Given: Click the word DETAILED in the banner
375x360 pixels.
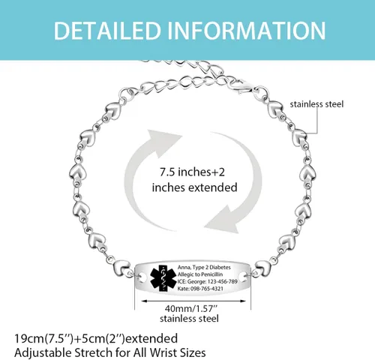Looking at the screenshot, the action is coord(107,31).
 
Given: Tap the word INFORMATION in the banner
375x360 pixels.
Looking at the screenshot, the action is coord(247,31).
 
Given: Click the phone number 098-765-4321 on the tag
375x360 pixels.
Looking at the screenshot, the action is coord(207,289).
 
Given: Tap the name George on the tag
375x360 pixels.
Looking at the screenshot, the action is coord(196,282).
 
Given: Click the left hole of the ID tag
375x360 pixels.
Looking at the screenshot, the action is coord(143,277).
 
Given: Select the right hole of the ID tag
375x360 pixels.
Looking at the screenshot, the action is coord(242,277).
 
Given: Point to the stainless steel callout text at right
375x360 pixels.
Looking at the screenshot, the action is coord(316,104).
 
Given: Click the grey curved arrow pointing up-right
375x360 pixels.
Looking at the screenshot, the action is coord(148,170).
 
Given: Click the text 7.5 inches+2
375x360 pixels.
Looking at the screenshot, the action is coord(192,172).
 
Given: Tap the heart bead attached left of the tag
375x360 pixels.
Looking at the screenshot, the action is coord(121,268).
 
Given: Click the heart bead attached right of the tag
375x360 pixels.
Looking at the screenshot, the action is coord(262,268).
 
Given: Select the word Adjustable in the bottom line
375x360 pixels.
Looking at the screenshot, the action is coord(43,353).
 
